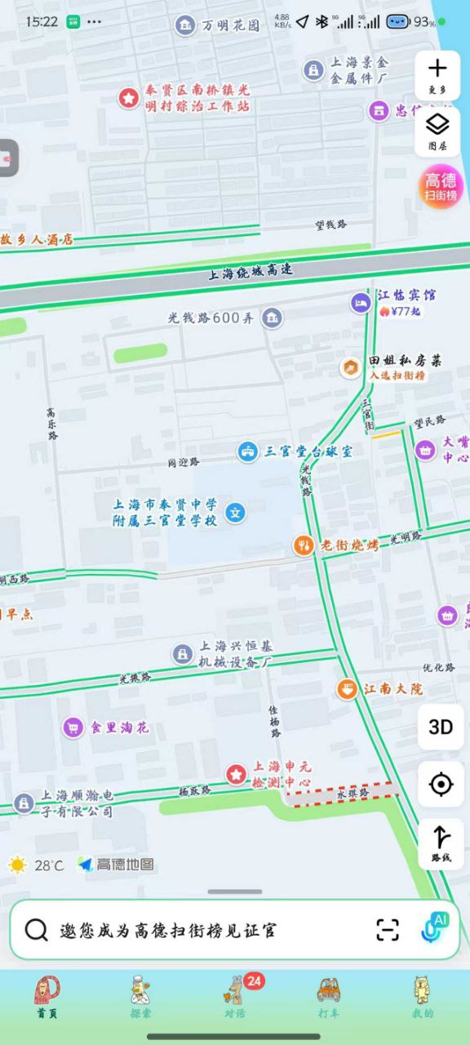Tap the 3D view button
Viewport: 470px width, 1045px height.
[441, 727]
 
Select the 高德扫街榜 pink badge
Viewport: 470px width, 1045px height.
[441, 186]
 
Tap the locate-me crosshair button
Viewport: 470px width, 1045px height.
[441, 785]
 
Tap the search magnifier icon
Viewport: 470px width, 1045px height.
[36, 930]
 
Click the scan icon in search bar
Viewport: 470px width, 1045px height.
[388, 930]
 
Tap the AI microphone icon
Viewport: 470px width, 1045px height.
[433, 929]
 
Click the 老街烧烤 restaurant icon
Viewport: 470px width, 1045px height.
[304, 545]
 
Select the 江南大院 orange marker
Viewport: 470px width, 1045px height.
[348, 689]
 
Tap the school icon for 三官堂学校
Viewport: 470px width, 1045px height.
[236, 513]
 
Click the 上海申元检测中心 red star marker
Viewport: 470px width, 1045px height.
[237, 774]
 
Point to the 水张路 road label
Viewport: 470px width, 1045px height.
[352, 793]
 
